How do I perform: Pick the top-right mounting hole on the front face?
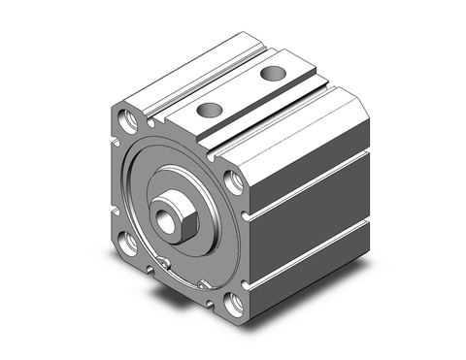pos(233,181)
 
